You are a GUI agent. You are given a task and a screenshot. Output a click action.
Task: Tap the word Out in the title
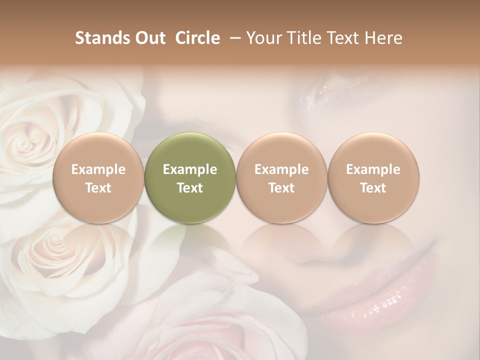coord(148,38)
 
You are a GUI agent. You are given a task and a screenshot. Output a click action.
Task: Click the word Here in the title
coord(383,38)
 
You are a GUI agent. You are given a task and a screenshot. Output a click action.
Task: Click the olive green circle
coord(190,178)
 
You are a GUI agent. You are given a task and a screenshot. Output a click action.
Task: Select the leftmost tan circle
coord(98,178)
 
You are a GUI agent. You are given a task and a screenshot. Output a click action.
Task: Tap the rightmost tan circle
coord(373,178)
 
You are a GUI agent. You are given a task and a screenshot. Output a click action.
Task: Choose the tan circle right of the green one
coord(281,178)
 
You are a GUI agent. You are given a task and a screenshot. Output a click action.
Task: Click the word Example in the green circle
coord(190,169)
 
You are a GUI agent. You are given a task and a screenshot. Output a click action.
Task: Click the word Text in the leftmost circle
coord(98,188)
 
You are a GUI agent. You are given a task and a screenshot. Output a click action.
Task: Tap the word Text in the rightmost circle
coord(373,188)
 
